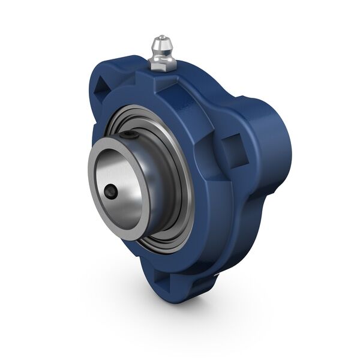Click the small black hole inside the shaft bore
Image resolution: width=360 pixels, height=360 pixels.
pos(111,192)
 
